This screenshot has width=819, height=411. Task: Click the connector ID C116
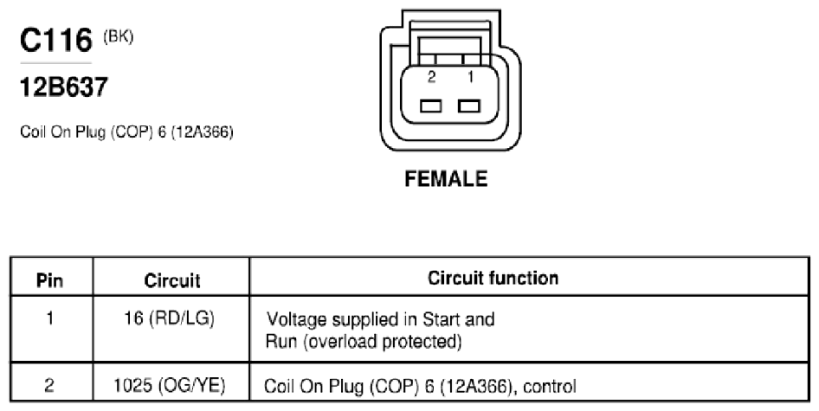56,40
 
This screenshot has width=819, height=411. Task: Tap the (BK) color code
118,37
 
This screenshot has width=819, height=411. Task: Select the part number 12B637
64,87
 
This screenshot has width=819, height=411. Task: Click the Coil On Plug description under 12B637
126,132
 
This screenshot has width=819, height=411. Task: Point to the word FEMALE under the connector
446,179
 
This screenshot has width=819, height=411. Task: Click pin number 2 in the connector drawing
431,77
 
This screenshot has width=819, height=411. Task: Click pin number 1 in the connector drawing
470,77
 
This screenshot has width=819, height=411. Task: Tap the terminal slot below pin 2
430,106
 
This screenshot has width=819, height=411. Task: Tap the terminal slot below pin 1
468,106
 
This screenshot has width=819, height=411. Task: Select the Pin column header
49,281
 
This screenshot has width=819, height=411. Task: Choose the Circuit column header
171,281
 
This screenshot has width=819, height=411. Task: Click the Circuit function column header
493,278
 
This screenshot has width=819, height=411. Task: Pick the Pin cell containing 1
50,318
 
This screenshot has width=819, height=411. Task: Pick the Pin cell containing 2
49,385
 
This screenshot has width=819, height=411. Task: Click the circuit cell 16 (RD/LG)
169,318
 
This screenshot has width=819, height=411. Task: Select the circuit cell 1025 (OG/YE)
170,385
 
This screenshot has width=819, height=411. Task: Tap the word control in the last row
550,387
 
